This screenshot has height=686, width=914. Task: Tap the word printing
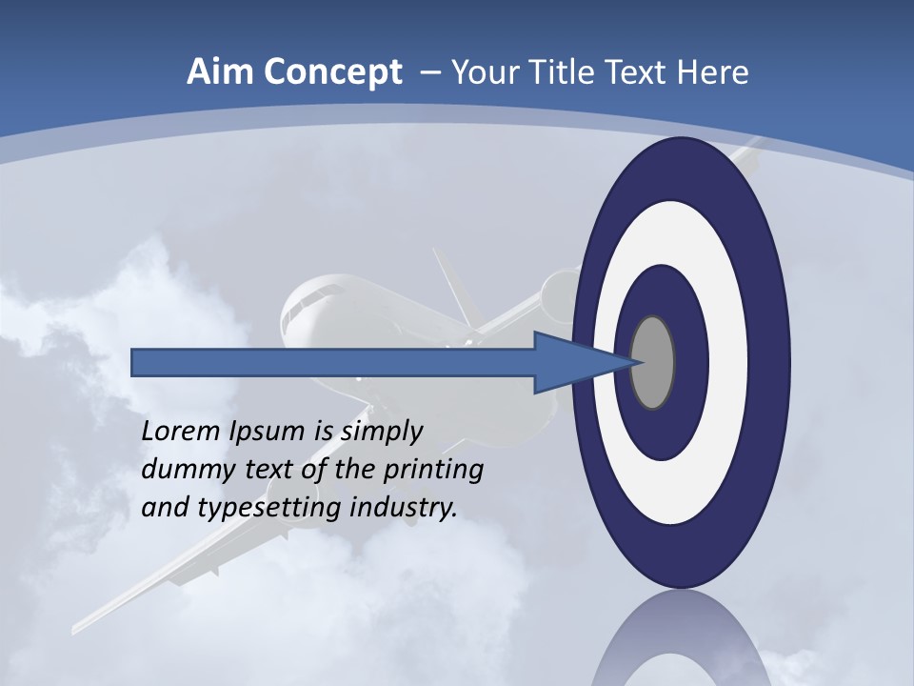tap(432, 470)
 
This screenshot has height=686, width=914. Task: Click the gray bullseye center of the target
tap(653, 362)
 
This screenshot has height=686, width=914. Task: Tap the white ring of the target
tap(728, 362)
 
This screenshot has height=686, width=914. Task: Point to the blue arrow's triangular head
tap(571, 362)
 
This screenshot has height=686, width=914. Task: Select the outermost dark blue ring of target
tap(771, 362)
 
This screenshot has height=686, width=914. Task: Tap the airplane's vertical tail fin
tap(453, 286)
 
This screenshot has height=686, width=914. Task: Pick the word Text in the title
tap(636, 72)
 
